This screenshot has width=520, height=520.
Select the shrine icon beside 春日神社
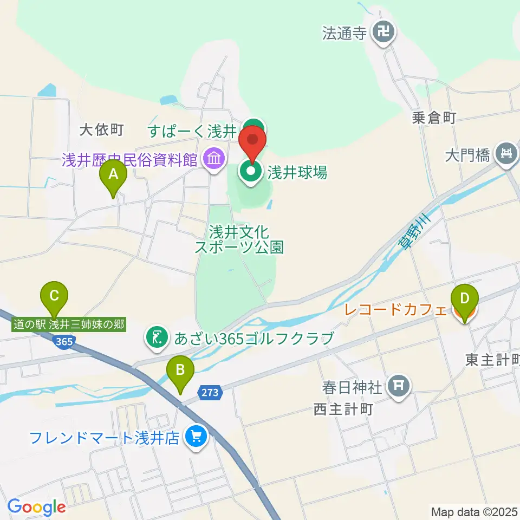click(400, 386)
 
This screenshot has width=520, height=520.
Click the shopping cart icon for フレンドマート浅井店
click(195, 437)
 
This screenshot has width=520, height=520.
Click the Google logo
click(37, 506)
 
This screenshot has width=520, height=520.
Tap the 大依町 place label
click(102, 130)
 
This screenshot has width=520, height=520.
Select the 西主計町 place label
click(343, 409)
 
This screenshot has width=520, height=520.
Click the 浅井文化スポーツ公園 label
click(239, 240)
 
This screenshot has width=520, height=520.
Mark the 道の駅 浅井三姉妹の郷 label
click(69, 325)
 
